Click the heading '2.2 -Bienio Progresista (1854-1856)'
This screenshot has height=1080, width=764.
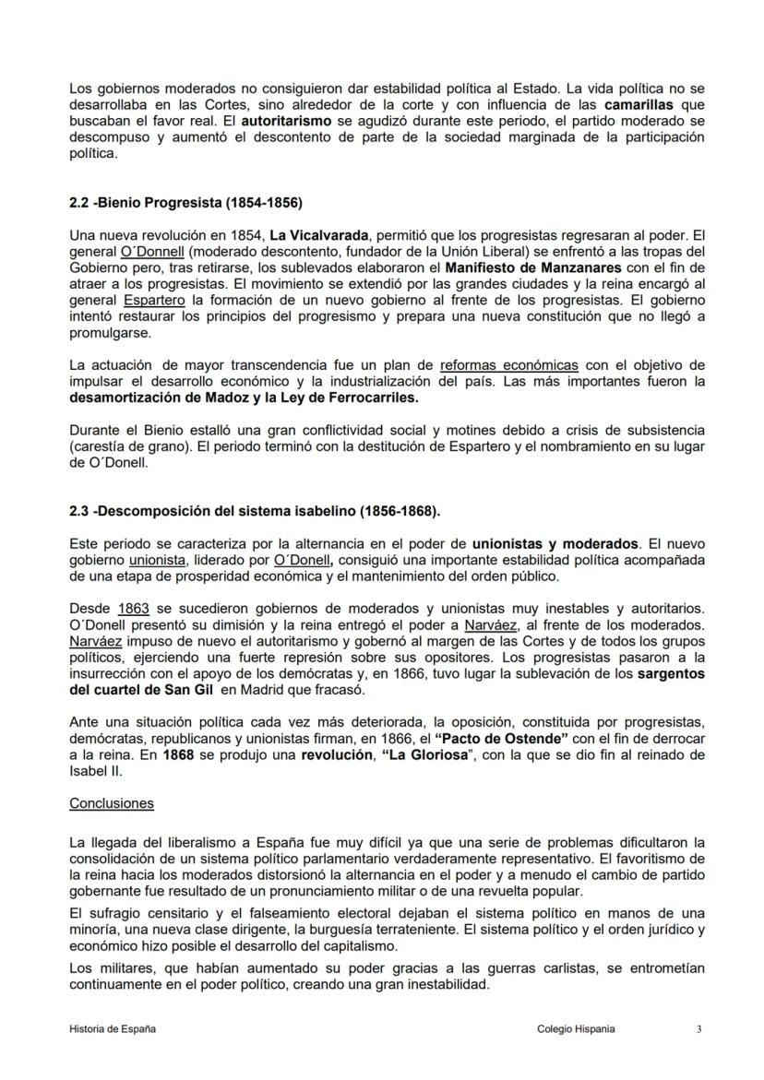185,201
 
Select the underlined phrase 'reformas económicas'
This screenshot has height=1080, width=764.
509,364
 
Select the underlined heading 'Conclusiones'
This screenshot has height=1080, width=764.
112,803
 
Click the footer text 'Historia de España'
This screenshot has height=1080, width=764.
113,1028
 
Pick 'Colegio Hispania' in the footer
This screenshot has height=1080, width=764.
575,1028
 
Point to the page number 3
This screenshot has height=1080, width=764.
698,1028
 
